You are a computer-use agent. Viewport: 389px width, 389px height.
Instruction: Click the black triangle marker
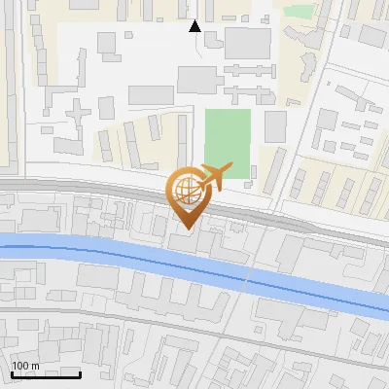tap(195, 26)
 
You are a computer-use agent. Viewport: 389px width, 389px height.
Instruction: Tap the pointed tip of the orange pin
tap(185, 229)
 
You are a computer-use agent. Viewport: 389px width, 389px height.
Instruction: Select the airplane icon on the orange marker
tap(213, 176)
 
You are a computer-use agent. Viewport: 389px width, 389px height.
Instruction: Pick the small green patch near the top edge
tap(299, 12)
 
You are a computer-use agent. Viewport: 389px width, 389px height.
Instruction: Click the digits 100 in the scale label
tap(21, 366)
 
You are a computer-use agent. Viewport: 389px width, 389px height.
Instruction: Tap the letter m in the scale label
tap(35, 366)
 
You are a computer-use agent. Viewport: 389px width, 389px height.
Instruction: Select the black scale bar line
tap(46, 374)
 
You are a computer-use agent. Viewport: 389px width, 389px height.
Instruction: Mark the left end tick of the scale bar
tap(12, 372)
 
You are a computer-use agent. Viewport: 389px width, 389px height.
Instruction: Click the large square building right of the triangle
tap(248, 43)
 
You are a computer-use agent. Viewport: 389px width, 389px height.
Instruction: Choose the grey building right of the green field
tap(275, 126)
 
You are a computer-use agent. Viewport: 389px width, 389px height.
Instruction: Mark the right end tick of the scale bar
tap(80, 372)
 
